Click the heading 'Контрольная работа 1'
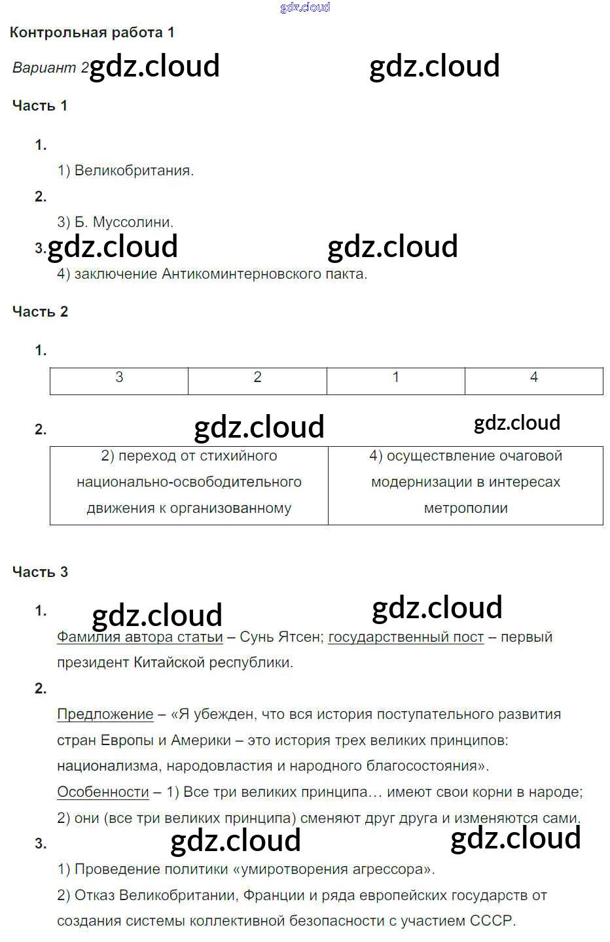click(92, 33)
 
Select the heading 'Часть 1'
click(40, 106)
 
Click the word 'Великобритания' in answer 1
click(133, 171)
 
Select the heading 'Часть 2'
click(40, 312)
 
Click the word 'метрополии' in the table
click(465, 508)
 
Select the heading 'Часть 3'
click(40, 572)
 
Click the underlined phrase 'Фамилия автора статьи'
click(140, 637)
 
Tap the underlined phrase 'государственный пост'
click(406, 637)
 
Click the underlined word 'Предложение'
click(105, 714)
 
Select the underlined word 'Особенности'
click(103, 792)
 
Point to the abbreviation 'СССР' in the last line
click(492, 921)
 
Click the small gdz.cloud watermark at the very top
click(305, 7)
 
